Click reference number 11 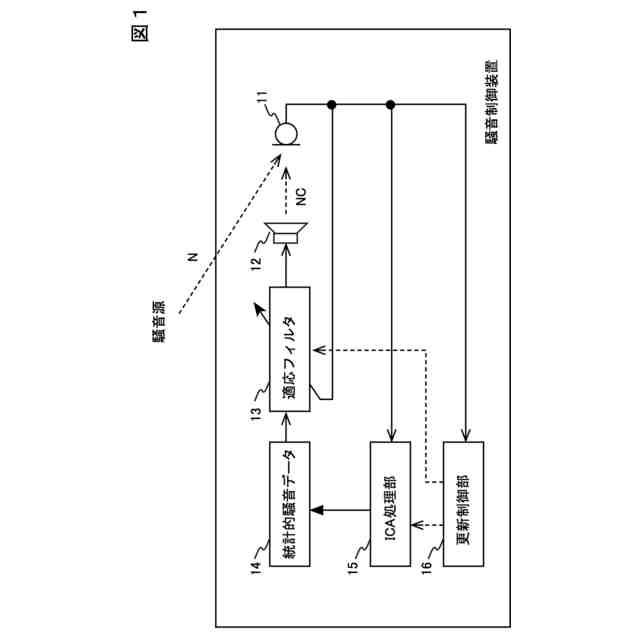262,100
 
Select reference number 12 257,264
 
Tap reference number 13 257,411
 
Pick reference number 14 257,570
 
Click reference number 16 426,570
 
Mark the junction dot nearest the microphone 330,105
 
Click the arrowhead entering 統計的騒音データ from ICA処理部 316,511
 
